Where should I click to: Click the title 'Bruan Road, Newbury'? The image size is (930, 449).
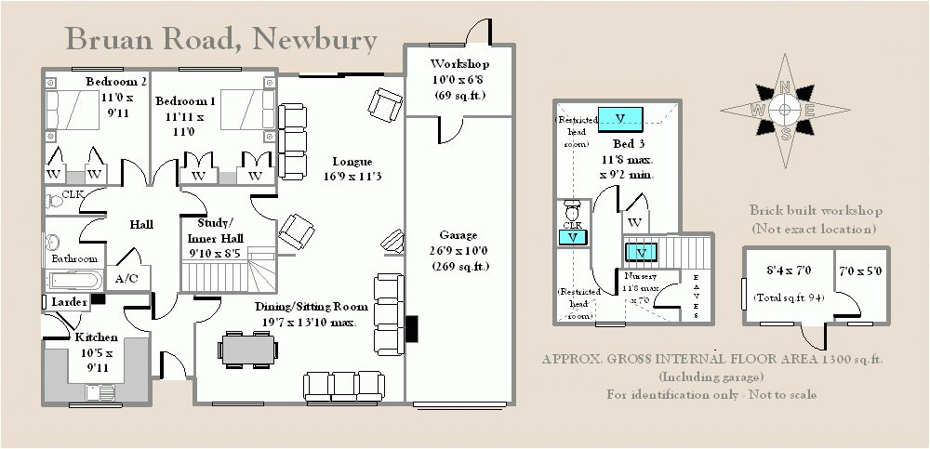[x=221, y=40]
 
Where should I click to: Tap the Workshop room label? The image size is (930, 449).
[x=459, y=64]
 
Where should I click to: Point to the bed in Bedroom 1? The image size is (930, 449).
[x=244, y=111]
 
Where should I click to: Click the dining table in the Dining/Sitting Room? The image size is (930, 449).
[x=248, y=350]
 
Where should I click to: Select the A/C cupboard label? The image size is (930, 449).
[x=126, y=277]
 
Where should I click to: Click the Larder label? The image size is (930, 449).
[x=69, y=302]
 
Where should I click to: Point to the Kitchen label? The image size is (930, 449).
[x=96, y=337]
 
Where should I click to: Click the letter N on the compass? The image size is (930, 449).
[x=785, y=88]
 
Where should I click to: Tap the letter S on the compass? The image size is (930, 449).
[x=786, y=133]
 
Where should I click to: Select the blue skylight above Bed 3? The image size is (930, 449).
[x=620, y=117]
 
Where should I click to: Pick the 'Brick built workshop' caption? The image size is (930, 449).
[x=816, y=212]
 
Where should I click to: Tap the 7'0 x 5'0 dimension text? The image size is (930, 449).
[x=861, y=271]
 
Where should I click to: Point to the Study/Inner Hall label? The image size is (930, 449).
[x=215, y=230]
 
